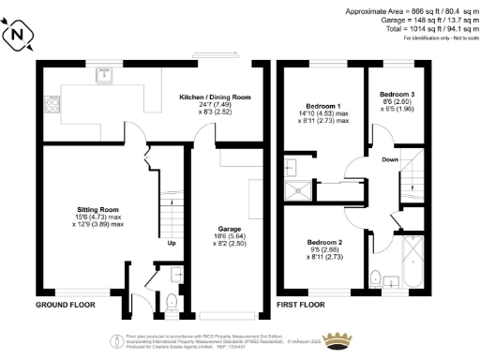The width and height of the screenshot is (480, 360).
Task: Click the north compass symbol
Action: [19, 36]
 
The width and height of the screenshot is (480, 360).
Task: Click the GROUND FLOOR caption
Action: [67, 306]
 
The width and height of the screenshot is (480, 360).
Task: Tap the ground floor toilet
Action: [170, 301]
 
